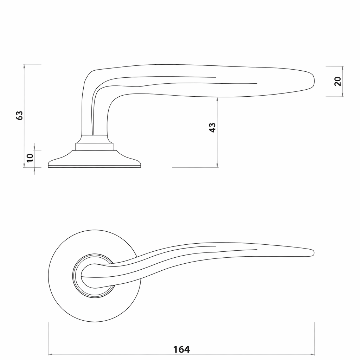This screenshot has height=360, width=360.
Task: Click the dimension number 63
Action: click(x=20, y=115)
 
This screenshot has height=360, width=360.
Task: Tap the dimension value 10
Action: click(x=30, y=157)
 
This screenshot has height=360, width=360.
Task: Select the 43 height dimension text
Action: click(x=212, y=127)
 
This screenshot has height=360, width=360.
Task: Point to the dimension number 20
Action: click(x=337, y=82)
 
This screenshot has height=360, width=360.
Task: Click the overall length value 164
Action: click(x=181, y=349)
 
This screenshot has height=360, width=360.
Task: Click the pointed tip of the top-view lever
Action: click(x=313, y=252)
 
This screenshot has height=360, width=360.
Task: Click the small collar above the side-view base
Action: click(x=95, y=146)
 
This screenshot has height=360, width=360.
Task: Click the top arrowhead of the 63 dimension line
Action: click(x=24, y=66)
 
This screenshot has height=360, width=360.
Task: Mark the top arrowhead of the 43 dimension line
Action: click(x=217, y=99)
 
